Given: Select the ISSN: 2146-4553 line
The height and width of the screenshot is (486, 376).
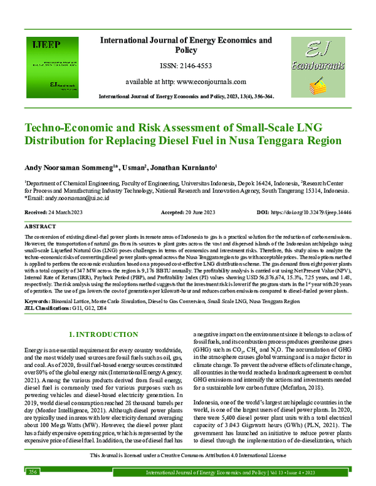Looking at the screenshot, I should (186, 65).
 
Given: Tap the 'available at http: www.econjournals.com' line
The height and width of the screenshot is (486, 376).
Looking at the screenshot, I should (186, 81).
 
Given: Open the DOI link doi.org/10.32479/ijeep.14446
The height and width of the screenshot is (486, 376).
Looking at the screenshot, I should (320, 212).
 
